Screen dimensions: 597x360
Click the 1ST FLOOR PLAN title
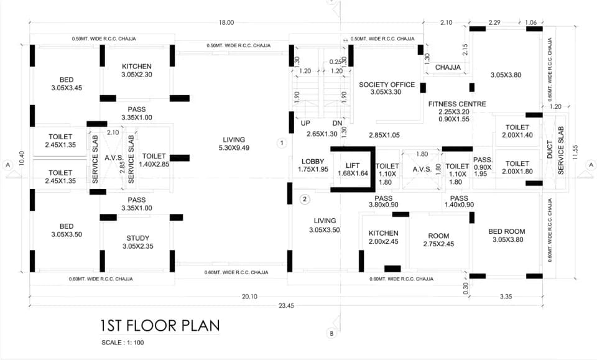coord(160,326)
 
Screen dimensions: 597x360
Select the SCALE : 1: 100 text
coord(123,343)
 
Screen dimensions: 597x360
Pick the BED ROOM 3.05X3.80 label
coord(507,236)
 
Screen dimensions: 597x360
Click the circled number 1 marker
coord(282,143)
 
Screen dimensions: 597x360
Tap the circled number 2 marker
coord(305,200)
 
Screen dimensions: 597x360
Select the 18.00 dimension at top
coord(226,22)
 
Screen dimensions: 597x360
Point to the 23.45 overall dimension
coord(286,305)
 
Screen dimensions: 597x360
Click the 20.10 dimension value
coord(249,297)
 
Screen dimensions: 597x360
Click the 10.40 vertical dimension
coord(21,158)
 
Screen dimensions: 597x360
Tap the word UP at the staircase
coord(305,123)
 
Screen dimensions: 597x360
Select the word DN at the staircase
coord(337,123)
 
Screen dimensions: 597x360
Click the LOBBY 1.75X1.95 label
coord(313,165)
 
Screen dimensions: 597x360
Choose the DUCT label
coord(550,150)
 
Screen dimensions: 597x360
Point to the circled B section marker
coord(331,333)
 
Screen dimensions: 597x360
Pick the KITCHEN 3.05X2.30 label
coord(137,70)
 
